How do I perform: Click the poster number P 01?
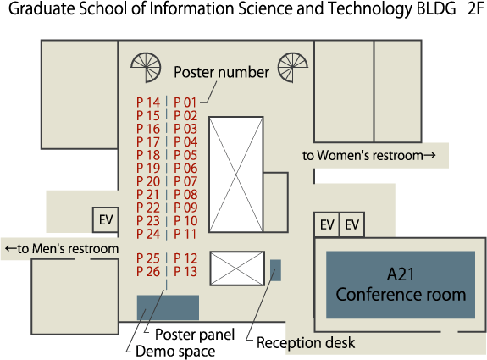point(185,102)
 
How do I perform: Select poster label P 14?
point(148,102)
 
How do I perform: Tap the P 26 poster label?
point(148,271)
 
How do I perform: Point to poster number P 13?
point(185,271)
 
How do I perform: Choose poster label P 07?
point(185,181)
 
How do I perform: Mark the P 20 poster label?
point(148,181)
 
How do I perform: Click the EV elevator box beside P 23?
point(106,220)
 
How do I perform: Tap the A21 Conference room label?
point(401,285)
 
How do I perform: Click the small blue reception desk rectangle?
point(275,270)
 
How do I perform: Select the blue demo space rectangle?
point(168,307)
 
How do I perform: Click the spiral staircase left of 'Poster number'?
point(146,68)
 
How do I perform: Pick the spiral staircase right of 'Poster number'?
point(292,68)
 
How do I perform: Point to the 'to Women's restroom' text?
point(369,155)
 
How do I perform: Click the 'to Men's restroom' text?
point(62,249)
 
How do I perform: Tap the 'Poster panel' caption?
point(195,335)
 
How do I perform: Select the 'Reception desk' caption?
point(306,343)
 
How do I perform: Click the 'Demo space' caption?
point(175,352)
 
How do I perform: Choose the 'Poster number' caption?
point(221,72)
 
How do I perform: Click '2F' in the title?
point(475,9)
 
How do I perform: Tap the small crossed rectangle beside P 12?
point(237,269)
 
